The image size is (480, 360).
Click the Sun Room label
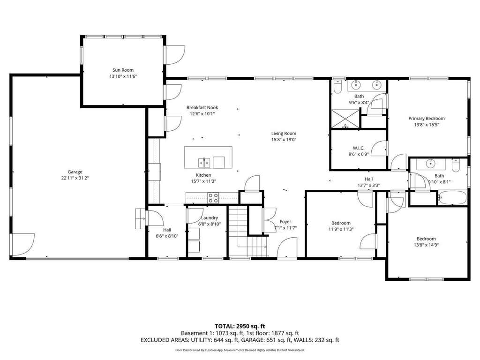click(123, 70)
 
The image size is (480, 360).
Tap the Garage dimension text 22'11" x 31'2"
click(75, 178)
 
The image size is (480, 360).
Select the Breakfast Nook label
click(202, 107)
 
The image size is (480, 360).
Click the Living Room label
click(284, 133)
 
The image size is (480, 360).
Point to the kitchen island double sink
click(204, 163)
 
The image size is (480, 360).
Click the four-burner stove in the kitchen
click(213, 198)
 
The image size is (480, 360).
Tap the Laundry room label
click(210, 217)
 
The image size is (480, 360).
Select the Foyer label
click(285, 222)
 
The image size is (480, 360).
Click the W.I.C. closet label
click(359, 148)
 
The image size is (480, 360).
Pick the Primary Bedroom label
click(427, 119)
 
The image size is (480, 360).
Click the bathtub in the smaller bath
click(452, 198)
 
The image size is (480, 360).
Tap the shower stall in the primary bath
click(345, 118)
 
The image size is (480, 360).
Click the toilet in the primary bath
click(337, 87)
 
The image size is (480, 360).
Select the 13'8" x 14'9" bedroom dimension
click(426, 245)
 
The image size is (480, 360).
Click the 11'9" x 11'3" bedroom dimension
click(341, 229)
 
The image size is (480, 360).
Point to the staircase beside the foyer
click(248, 232)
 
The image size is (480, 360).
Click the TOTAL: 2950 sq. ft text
click(240, 326)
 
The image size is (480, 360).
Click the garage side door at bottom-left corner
click(23, 244)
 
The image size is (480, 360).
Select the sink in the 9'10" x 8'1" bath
click(431, 164)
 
